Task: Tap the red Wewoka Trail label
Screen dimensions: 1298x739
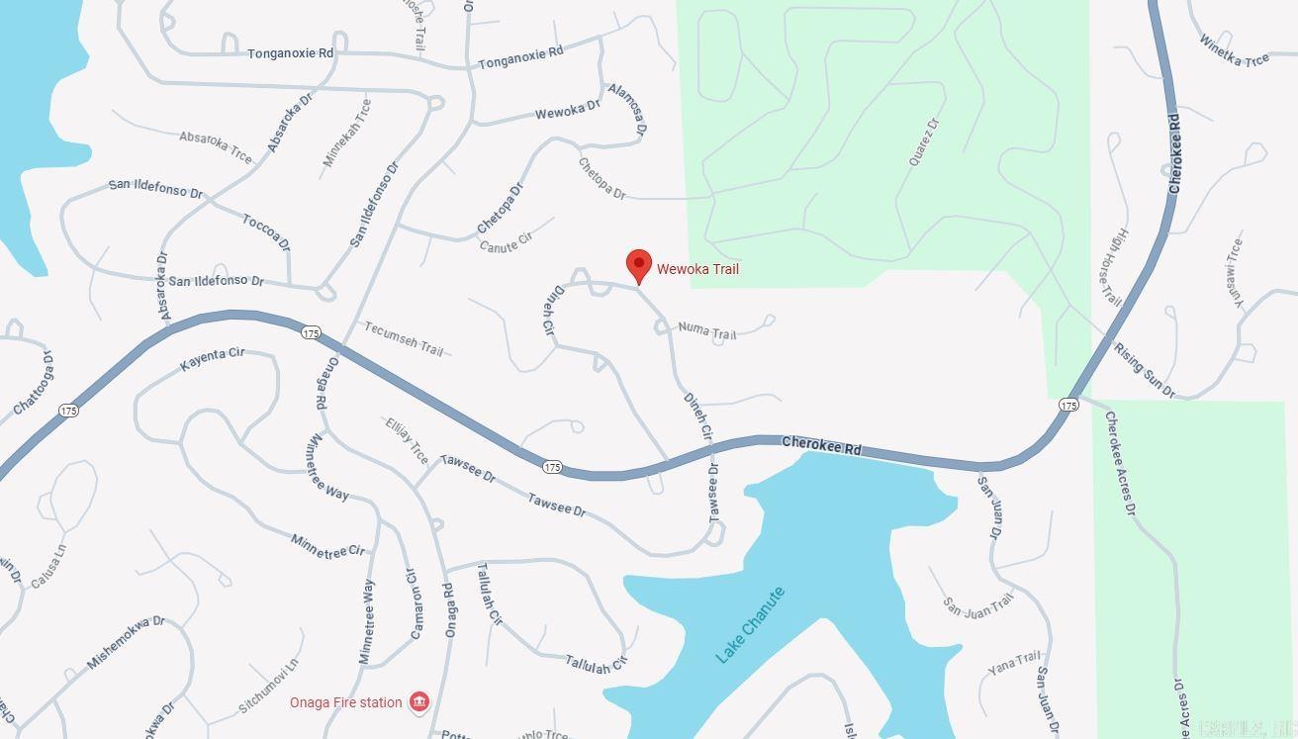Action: (x=697, y=269)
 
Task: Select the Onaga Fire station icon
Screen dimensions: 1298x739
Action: (x=418, y=702)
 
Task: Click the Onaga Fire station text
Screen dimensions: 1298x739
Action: (x=345, y=702)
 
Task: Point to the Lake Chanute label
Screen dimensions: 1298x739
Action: (x=750, y=625)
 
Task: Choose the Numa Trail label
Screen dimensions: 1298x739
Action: (x=707, y=330)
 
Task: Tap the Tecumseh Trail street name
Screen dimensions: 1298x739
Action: (x=404, y=337)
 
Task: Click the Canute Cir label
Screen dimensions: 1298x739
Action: (x=506, y=241)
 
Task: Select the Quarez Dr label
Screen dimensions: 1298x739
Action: (x=923, y=142)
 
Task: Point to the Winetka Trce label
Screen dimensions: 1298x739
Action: (x=1234, y=50)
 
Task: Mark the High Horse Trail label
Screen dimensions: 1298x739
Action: (x=1111, y=267)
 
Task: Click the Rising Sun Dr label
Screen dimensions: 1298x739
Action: (x=1145, y=370)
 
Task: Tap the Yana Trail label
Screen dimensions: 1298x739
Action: (x=1014, y=663)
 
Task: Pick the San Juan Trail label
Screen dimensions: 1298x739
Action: (x=978, y=606)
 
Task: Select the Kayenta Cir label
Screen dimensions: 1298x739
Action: (x=212, y=359)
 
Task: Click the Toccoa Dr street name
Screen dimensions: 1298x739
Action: (x=266, y=231)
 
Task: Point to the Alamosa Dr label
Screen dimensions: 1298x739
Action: (x=627, y=109)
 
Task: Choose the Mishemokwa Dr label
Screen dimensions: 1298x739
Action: (x=126, y=643)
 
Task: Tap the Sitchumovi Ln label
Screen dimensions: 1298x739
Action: (x=268, y=687)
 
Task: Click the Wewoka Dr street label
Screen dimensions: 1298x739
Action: (x=567, y=110)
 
